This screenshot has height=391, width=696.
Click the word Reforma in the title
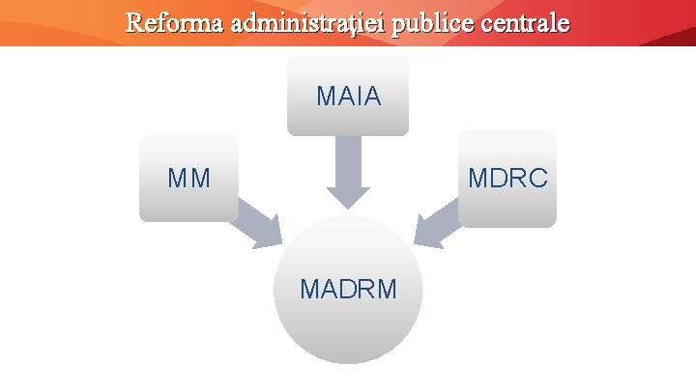(x=175, y=22)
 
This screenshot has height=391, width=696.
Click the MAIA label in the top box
(x=348, y=98)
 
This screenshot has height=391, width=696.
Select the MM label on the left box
(x=188, y=179)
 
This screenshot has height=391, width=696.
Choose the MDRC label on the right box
(x=508, y=179)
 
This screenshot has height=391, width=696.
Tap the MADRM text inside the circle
(x=348, y=289)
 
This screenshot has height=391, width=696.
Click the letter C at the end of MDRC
(x=538, y=179)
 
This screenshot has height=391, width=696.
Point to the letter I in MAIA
(x=359, y=98)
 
